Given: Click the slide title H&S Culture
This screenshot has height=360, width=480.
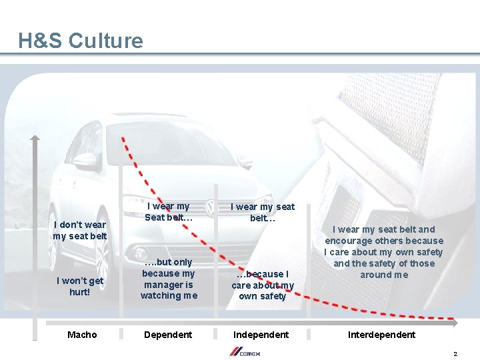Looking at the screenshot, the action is (81, 41).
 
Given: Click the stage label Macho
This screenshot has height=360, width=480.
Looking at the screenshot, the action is (82, 335).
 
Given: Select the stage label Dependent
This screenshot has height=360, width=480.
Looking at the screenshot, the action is (168, 335).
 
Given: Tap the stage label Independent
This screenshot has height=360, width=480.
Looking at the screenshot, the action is (261, 335).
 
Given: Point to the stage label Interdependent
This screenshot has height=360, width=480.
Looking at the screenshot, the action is (381, 335).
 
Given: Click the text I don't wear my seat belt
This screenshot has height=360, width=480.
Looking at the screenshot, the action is (80, 230).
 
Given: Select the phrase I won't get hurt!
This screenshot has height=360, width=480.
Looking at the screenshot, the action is (80, 286).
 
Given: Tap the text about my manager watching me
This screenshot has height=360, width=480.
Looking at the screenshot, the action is (169, 279).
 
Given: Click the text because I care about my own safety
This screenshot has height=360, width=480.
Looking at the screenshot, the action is (262, 285).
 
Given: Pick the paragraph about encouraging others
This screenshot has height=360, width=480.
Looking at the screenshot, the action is (383, 252).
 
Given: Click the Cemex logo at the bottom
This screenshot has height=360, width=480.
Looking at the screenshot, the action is (246, 351).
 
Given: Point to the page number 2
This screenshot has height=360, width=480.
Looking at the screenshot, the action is (455, 353).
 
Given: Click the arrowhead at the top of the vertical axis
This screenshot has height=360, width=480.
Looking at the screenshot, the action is (35, 139).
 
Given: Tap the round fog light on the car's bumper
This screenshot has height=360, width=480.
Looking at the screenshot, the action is (141, 254).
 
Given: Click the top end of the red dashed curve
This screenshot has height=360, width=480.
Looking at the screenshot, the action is (122, 139).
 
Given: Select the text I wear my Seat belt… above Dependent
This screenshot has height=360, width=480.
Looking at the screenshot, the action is (169, 212).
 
